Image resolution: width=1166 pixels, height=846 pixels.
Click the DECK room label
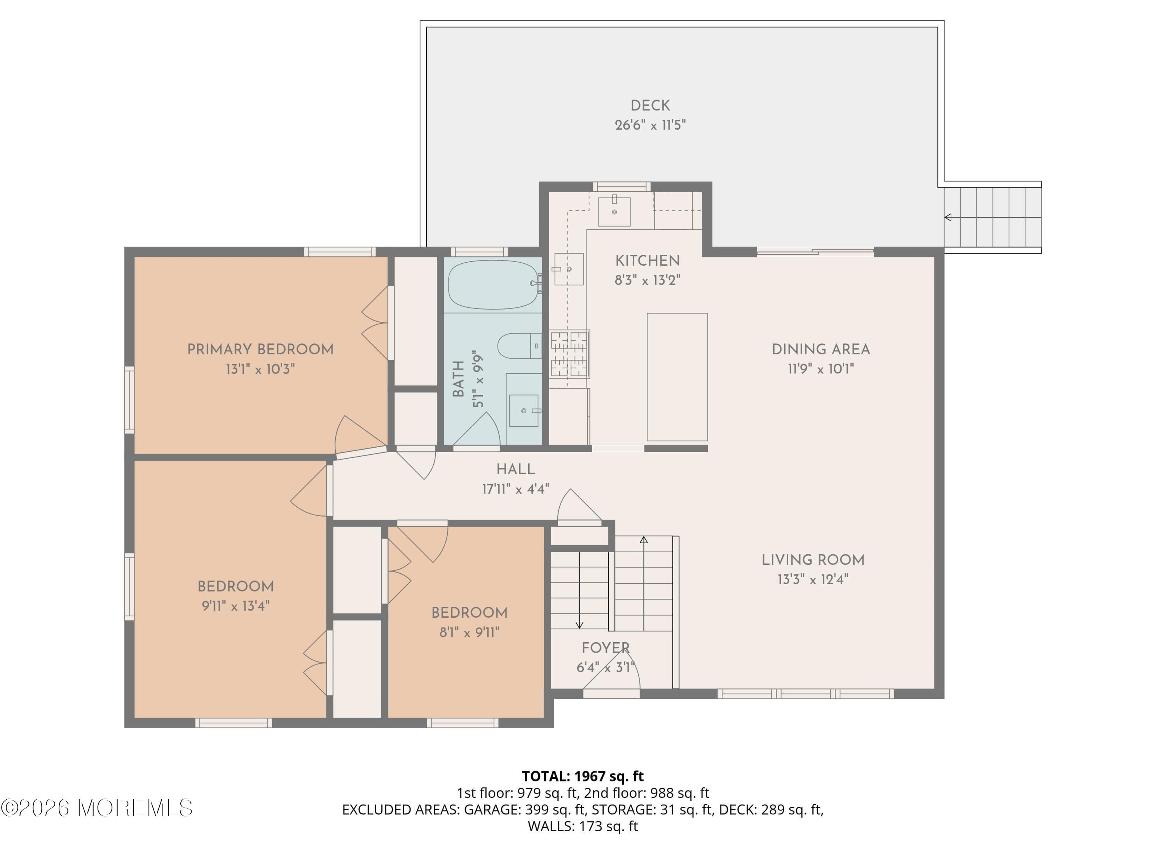(x=650, y=105)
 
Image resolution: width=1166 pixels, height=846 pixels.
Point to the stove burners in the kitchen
(x=569, y=354)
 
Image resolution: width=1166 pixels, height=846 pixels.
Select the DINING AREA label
(x=820, y=349)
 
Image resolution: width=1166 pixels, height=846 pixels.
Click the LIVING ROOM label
(x=812, y=560)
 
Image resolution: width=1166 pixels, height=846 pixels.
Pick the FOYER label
(x=605, y=648)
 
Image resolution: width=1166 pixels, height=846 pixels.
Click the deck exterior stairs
(x=992, y=217)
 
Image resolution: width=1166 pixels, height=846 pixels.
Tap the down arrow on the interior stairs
(x=580, y=624)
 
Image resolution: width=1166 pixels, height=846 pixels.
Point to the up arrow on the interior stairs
(x=644, y=540)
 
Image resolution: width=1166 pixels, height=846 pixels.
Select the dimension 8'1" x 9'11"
(x=469, y=632)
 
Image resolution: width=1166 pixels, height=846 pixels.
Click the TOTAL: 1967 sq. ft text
(x=583, y=776)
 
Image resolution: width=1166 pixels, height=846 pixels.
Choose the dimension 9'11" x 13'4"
(x=236, y=606)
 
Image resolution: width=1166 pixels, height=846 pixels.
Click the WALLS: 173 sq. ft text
(x=583, y=827)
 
